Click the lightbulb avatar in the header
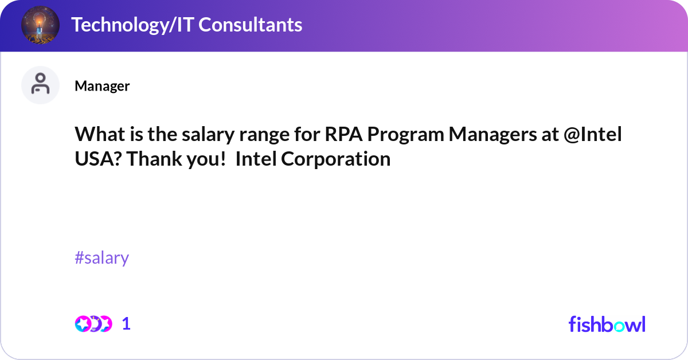(x=40, y=26)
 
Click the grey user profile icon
(x=40, y=85)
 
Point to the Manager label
(x=102, y=86)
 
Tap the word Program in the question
(x=405, y=135)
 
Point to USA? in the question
(x=98, y=159)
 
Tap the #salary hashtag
(x=102, y=258)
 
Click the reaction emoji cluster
(x=93, y=324)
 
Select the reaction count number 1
(x=126, y=324)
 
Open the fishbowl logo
(x=607, y=324)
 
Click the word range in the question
(x=256, y=135)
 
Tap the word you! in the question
(x=204, y=159)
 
